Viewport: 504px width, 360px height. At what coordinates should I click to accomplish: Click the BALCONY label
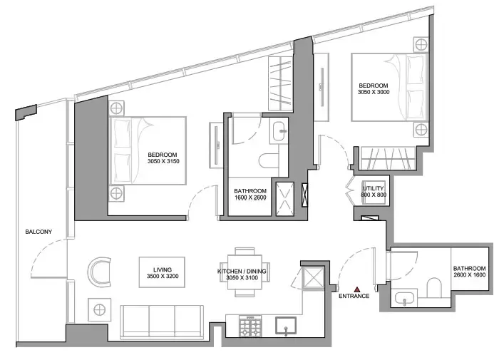click(x=37, y=232)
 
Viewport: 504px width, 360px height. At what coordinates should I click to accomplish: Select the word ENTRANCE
click(x=354, y=296)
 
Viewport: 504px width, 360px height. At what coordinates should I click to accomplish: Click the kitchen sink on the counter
click(x=287, y=326)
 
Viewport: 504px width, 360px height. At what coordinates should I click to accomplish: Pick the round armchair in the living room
click(x=101, y=272)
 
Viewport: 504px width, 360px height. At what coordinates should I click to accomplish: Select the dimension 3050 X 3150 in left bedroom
click(x=163, y=162)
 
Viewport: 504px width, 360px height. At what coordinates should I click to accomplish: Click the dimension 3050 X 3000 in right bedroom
click(x=374, y=92)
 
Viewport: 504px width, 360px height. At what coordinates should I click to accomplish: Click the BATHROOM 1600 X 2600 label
click(x=250, y=195)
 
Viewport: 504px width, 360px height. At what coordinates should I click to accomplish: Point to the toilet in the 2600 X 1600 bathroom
click(x=434, y=289)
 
